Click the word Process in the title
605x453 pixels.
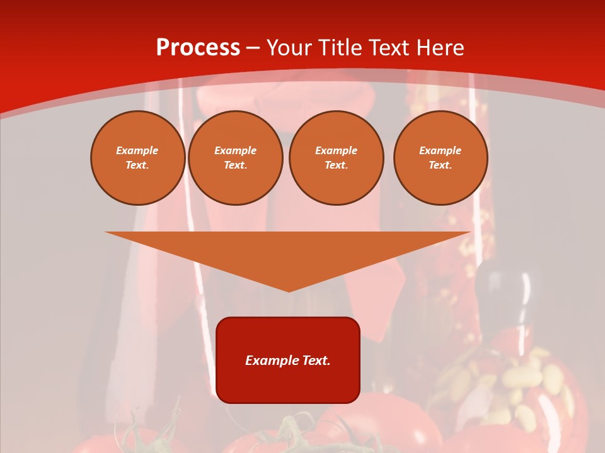[x=198, y=48]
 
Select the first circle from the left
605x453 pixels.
[x=137, y=157]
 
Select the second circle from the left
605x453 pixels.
[x=235, y=157]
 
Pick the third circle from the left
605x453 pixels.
[x=336, y=157]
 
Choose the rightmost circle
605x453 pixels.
[x=440, y=157]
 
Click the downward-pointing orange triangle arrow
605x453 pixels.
[x=288, y=252]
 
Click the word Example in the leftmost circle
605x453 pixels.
[x=137, y=150]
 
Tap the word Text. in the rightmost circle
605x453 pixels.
[x=440, y=165]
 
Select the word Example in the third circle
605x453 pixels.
[x=336, y=150]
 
